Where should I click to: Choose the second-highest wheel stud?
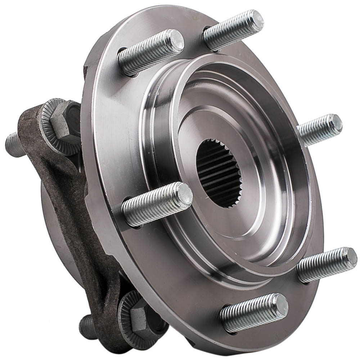[151, 52]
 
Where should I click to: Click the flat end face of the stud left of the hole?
[186, 195]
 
